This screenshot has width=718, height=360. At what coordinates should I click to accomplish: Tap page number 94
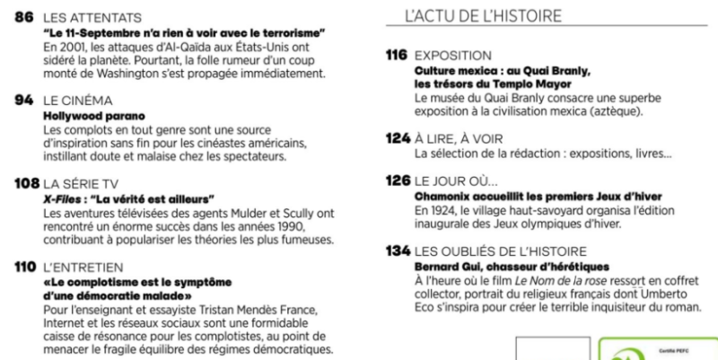[x=24, y=101]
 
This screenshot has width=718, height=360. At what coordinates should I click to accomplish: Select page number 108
[x=26, y=183]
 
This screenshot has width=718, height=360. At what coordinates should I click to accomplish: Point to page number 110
[x=25, y=267]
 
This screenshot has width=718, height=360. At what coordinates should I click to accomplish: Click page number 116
[x=397, y=56]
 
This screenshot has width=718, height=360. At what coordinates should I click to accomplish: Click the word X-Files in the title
[x=64, y=198]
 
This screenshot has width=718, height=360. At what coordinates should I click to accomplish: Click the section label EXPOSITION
[x=453, y=56]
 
